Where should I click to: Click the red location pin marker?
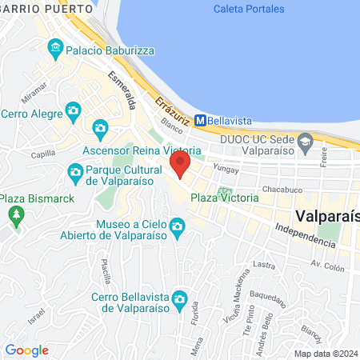point(179,166)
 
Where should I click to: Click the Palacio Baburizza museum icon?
point(56,49)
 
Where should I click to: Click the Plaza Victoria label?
point(224,197)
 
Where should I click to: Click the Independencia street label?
point(305,235)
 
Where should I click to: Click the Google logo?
point(26,350)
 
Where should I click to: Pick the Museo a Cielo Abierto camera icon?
point(178,230)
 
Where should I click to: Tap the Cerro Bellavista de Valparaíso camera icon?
point(181,300)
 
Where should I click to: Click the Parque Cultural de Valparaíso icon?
point(75,171)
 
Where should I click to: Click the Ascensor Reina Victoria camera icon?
point(100,127)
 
